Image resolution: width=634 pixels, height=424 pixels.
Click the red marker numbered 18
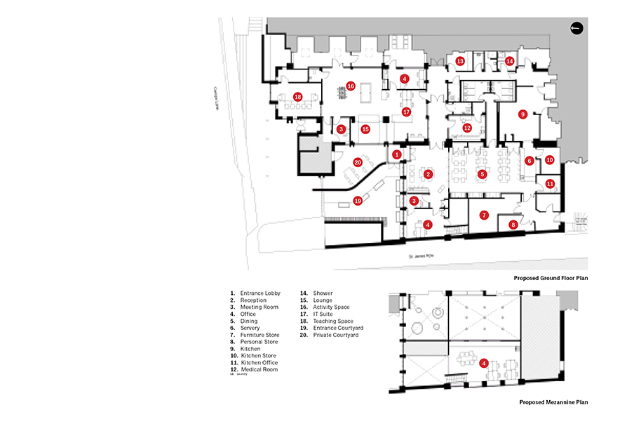[298, 96]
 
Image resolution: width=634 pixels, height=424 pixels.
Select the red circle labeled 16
[351, 86]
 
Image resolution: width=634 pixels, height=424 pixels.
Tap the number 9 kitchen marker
[522, 114]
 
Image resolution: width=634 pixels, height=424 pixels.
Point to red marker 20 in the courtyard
[358, 162]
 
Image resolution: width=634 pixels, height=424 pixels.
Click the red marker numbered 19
[358, 200]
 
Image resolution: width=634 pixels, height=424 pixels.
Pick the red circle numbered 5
[482, 173]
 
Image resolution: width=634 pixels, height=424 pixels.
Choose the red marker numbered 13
[460, 62]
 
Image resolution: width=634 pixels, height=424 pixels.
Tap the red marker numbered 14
[510, 62]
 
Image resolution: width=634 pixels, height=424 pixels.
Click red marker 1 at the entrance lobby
[397, 154]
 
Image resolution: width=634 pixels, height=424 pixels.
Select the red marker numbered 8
[513, 225]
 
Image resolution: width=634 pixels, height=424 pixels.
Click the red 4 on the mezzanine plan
[484, 363]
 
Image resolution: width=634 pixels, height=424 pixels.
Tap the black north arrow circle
[576, 28]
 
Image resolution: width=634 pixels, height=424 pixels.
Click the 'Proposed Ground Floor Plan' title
[550, 279]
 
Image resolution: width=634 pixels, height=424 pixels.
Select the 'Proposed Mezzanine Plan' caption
[553, 403]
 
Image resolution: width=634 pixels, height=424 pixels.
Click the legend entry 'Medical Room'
[259, 370]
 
